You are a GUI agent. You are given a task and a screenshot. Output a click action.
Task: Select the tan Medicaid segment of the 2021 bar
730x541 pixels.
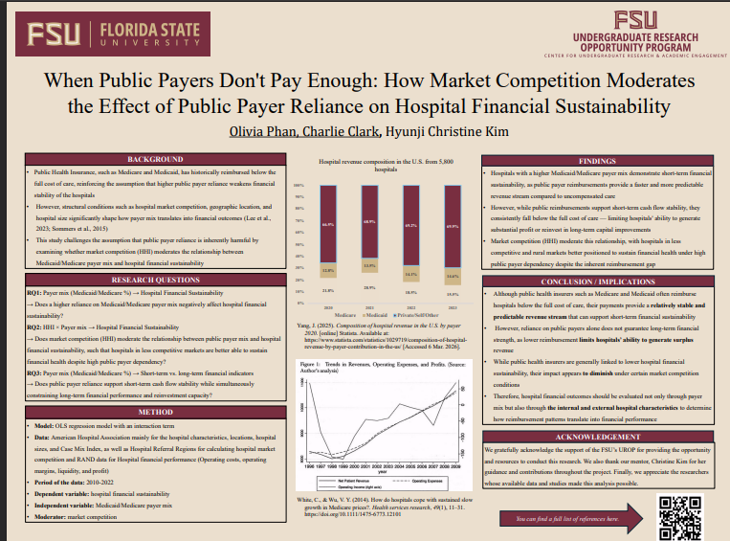point(369,265)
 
